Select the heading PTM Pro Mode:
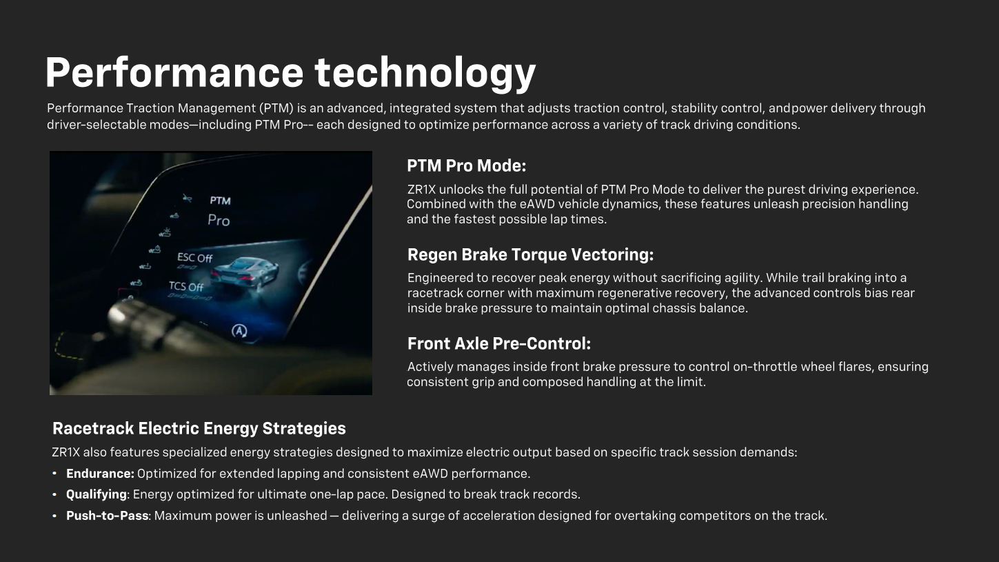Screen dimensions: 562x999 (466, 166)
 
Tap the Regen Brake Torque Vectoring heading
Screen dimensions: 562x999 (530, 255)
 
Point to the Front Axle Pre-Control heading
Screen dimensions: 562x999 (498, 343)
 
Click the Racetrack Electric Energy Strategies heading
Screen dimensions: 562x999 (199, 428)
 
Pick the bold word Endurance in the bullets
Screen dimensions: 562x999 (99, 474)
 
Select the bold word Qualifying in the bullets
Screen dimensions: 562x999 (96, 494)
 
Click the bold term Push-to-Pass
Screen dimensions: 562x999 (107, 515)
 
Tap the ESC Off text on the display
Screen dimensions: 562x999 (195, 258)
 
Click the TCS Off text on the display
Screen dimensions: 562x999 (186, 286)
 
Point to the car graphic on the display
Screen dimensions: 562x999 (245, 270)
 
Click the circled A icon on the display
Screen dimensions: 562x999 (239, 331)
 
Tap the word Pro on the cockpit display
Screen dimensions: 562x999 (219, 221)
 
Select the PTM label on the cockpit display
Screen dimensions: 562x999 (220, 201)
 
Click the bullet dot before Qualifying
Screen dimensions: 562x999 (54, 494)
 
